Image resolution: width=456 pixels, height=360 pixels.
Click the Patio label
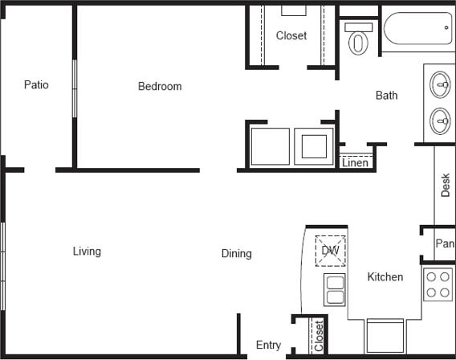click(36, 84)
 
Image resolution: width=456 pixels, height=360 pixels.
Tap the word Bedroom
click(160, 86)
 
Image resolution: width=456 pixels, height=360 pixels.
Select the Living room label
click(87, 251)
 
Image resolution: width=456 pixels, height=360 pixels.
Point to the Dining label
click(236, 253)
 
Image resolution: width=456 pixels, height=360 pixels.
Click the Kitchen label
click(385, 276)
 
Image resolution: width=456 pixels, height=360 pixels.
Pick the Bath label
click(387, 96)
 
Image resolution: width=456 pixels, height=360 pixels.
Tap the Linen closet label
click(356, 162)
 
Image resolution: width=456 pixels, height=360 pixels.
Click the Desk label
click(446, 186)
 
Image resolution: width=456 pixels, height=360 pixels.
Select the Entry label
click(268, 345)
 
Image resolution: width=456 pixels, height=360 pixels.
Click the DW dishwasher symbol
click(330, 250)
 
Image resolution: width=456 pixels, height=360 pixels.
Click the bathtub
click(417, 29)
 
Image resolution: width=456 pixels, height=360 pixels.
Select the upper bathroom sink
click(440, 84)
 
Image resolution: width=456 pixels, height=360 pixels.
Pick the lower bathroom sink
click(440, 121)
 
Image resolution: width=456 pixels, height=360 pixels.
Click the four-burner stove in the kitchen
click(438, 284)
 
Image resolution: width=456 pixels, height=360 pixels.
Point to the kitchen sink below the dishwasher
click(334, 288)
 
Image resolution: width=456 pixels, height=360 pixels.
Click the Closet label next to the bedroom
click(291, 35)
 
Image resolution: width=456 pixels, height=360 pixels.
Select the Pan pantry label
click(445, 243)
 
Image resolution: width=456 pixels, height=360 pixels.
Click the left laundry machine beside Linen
click(270, 145)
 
